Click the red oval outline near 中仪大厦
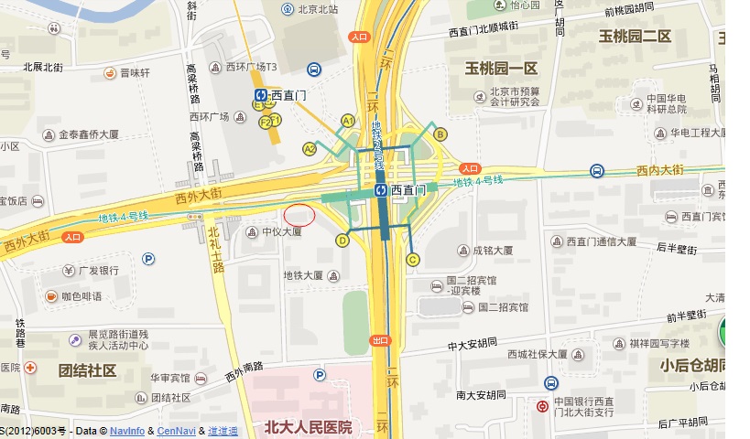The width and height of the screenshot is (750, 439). (x=299, y=216)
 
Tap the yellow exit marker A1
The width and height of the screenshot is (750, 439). (x=347, y=121)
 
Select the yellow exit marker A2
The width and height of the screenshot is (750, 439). (x=310, y=148)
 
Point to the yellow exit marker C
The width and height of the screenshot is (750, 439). (x=413, y=260)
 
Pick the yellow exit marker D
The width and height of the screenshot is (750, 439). (x=342, y=241)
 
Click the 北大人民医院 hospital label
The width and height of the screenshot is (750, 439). (x=308, y=427)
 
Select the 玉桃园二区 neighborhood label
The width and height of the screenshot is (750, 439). (x=635, y=37)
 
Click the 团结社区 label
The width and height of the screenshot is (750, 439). (x=87, y=370)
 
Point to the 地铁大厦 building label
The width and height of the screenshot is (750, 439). (x=303, y=274)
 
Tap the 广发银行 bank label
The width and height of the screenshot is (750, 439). (x=98, y=271)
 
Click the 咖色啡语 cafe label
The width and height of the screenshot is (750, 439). (x=82, y=296)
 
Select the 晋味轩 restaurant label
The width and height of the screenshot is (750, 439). (x=135, y=73)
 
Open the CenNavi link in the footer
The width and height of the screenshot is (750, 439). (x=176, y=431)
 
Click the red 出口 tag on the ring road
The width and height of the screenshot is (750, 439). (x=380, y=340)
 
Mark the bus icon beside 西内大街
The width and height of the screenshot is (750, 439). (x=597, y=170)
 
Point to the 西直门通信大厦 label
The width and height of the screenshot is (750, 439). (x=601, y=241)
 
